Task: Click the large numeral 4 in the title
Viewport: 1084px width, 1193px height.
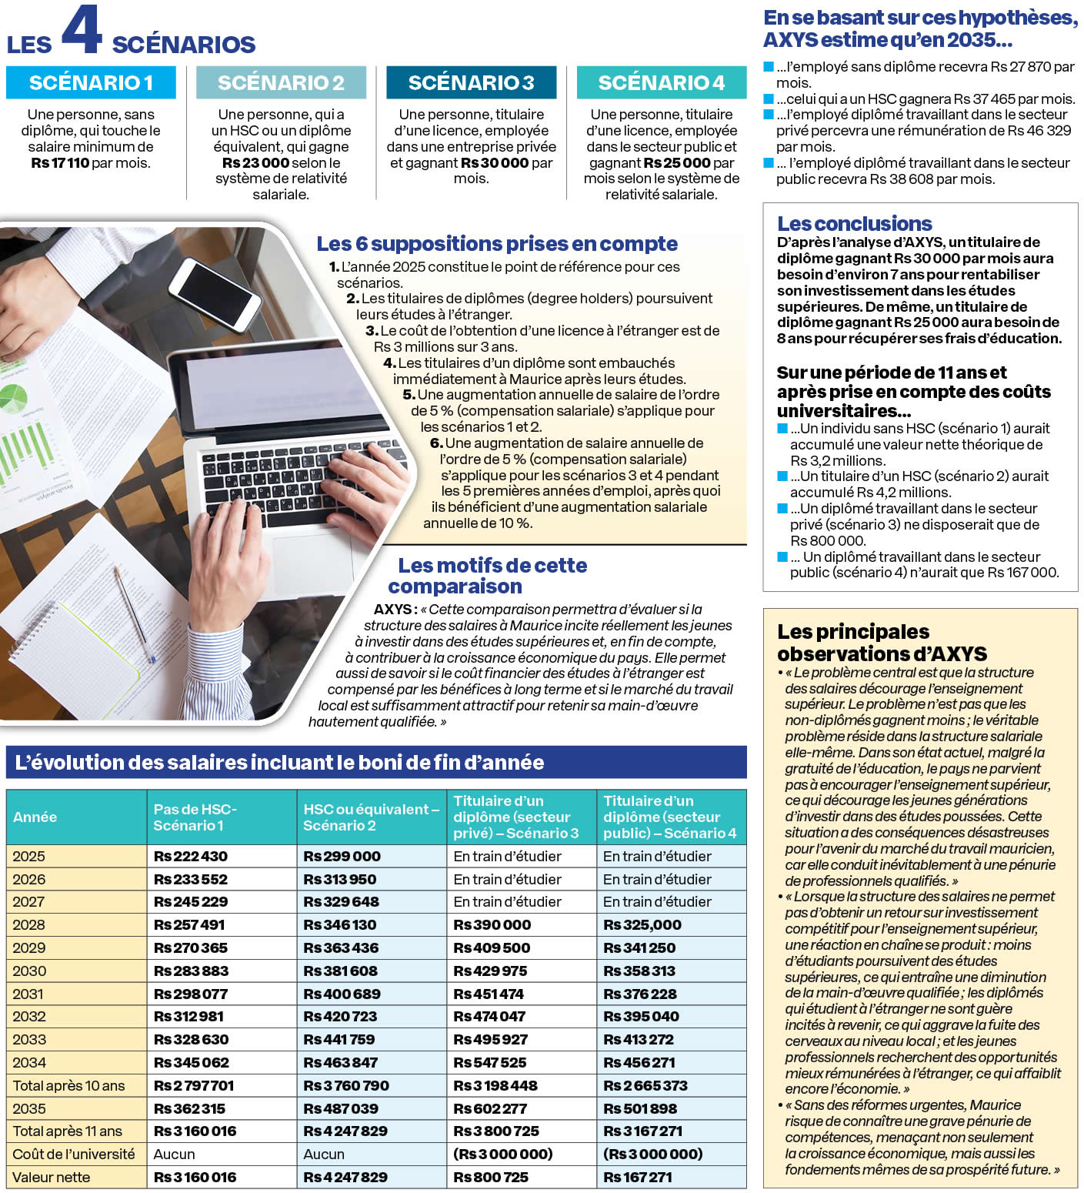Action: click(x=82, y=31)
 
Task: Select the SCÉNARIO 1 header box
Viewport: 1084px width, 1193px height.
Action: click(x=91, y=82)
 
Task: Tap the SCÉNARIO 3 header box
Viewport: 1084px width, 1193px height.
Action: click(x=471, y=82)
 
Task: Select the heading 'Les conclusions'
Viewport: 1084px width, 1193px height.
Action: click(x=854, y=224)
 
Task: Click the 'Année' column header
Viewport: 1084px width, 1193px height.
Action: click(x=35, y=817)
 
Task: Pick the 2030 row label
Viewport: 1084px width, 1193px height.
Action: click(x=29, y=971)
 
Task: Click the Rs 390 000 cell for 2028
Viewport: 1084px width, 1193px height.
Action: click(x=492, y=925)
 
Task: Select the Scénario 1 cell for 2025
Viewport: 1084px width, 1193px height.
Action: click(x=191, y=857)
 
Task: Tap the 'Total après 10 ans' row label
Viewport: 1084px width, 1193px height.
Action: click(x=68, y=1086)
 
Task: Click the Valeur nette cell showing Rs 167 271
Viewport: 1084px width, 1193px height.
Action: click(x=638, y=1178)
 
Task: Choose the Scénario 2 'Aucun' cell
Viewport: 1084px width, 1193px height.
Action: click(x=324, y=1155)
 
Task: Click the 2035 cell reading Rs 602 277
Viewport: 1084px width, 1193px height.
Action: click(x=490, y=1109)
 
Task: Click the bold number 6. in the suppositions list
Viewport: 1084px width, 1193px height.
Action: click(x=436, y=443)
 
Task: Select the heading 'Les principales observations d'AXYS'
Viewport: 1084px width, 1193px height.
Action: click(x=882, y=643)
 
